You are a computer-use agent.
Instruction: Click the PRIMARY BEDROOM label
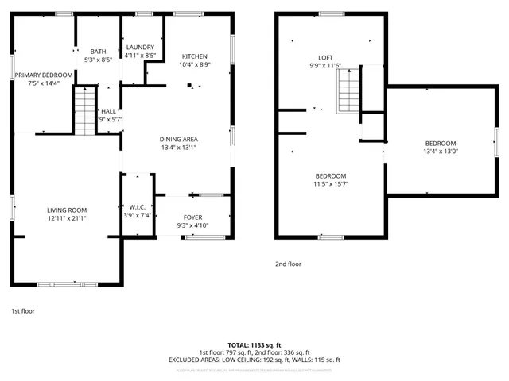[44, 75]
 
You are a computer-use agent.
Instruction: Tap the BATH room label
[98, 51]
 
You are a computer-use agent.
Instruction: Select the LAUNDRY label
[140, 48]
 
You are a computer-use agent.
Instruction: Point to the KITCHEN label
[195, 56]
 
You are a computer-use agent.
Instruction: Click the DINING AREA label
[178, 139]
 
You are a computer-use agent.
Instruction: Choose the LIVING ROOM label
[66, 210]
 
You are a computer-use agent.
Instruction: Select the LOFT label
[325, 57]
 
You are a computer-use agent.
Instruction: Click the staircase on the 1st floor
[84, 112]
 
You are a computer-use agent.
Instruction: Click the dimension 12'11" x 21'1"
[67, 218]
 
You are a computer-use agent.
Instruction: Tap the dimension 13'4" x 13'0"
[440, 151]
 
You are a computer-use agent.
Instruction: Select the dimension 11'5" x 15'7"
[330, 184]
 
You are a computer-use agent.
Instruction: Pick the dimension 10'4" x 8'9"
[195, 65]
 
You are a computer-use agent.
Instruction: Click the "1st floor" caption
[23, 310]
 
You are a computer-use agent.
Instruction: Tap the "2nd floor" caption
[289, 264]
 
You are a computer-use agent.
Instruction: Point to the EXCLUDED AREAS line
[254, 360]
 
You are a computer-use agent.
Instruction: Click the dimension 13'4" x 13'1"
[178, 147]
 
